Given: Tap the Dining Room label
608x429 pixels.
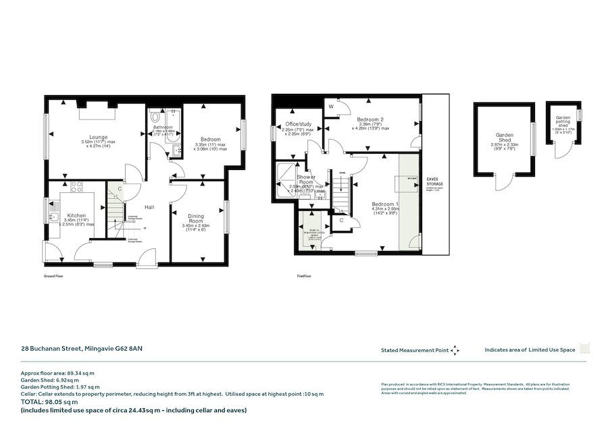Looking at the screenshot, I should pos(195,219).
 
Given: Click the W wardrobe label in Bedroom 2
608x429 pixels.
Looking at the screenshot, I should pos(331,107).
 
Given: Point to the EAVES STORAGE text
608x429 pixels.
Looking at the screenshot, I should pos(435,181).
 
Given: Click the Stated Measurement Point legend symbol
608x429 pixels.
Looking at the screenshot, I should pos(455,350).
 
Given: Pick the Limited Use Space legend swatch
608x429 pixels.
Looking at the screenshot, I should pos(585,349).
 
